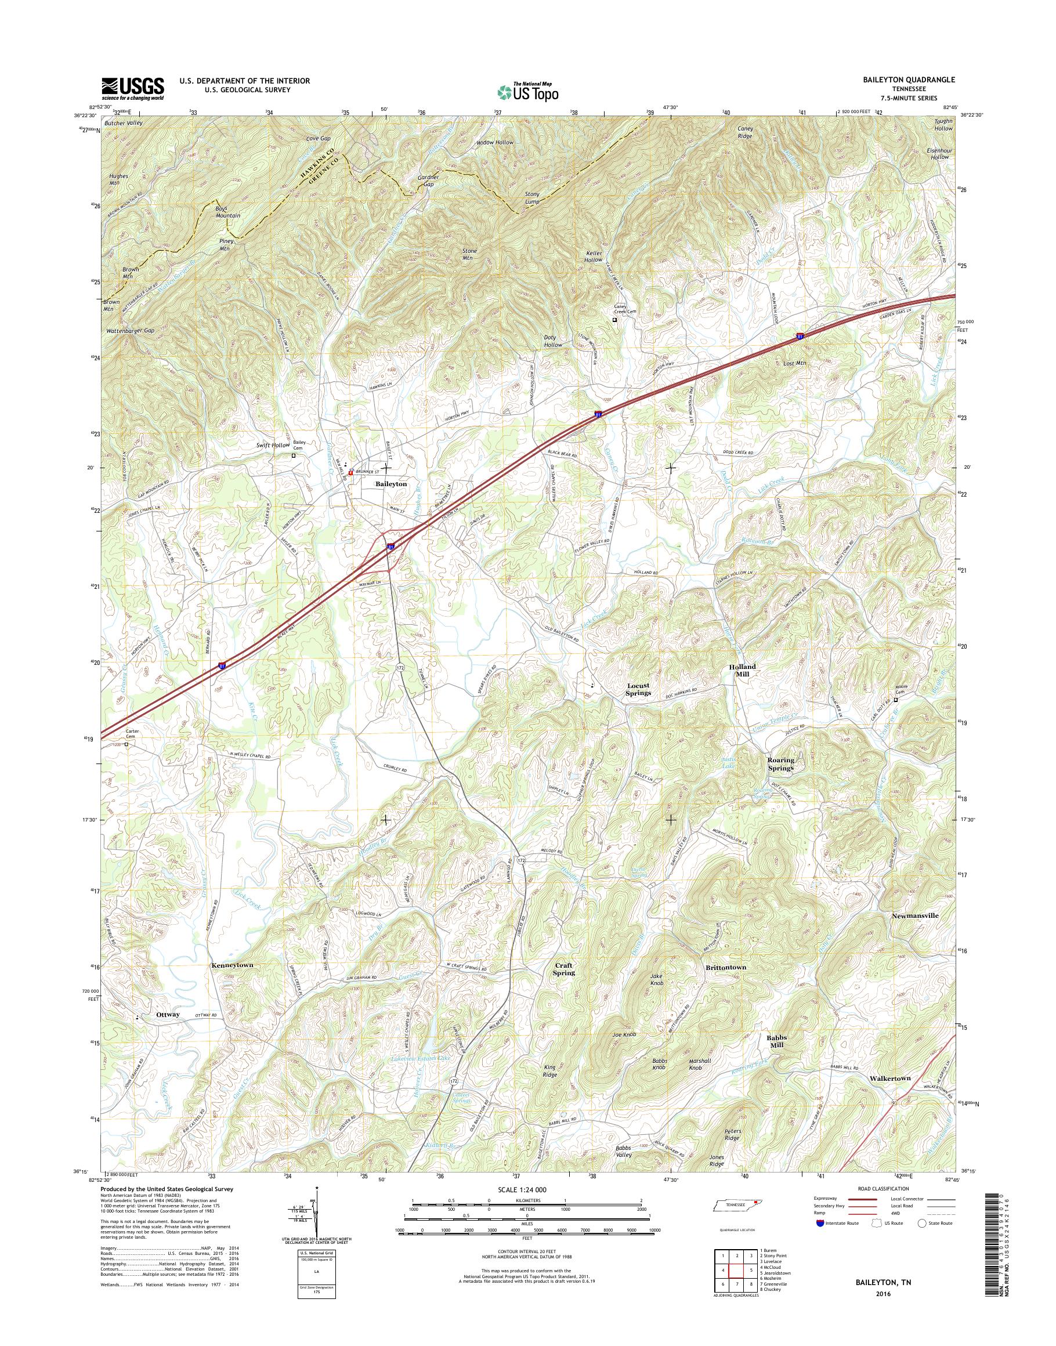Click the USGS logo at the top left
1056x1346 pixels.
coord(132,88)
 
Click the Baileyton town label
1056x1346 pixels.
coord(390,484)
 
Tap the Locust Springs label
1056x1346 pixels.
coord(639,689)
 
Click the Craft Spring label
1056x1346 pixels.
coord(563,969)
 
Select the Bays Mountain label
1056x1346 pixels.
coord(227,212)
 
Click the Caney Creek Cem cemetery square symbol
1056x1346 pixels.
coord(614,320)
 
